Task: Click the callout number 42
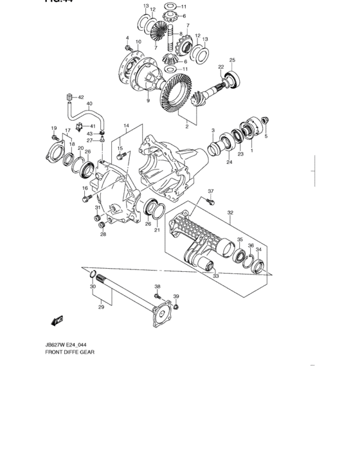[81, 97]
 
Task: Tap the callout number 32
[230, 212]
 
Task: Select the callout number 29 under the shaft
[100, 308]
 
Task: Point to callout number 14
[127, 125]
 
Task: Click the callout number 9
[147, 100]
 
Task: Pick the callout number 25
[232, 60]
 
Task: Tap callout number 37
[210, 191]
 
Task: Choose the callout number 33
[216, 276]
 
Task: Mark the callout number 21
[156, 230]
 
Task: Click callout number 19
[55, 129]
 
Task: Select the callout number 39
[176, 296]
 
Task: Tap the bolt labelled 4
[129, 48]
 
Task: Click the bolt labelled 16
[85, 199]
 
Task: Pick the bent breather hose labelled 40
[79, 116]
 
